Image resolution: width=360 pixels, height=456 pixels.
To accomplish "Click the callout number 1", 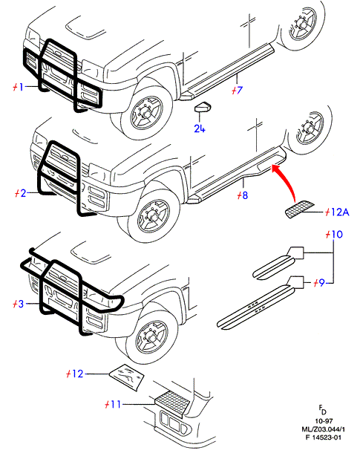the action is pos(20,87).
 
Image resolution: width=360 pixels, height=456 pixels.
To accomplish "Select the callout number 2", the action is pos(23,193).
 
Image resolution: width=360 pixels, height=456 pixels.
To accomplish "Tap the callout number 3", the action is pos(20,304).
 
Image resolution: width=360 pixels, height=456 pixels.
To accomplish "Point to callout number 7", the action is pos(240,90).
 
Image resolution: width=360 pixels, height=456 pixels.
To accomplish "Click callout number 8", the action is pos(245,195).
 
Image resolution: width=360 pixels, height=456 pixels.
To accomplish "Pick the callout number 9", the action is pos(321,283).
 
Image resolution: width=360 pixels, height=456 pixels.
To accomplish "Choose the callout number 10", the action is pos(337,234).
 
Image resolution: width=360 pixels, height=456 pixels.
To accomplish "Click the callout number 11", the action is pos(116,404).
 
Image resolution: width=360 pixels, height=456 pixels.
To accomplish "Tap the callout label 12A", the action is pos(340,212).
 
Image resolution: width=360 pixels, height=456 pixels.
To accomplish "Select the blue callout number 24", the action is pos(200,128).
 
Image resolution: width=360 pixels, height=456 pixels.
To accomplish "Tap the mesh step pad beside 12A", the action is pos(299,209).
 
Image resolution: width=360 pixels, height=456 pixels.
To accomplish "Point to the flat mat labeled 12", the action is pos(127,377).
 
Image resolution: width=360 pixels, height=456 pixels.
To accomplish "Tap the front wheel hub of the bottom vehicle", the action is pos(153,336).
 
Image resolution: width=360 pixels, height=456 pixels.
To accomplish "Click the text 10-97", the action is pos(324,421).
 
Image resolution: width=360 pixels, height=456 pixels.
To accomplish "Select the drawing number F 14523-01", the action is pos(323,437).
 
